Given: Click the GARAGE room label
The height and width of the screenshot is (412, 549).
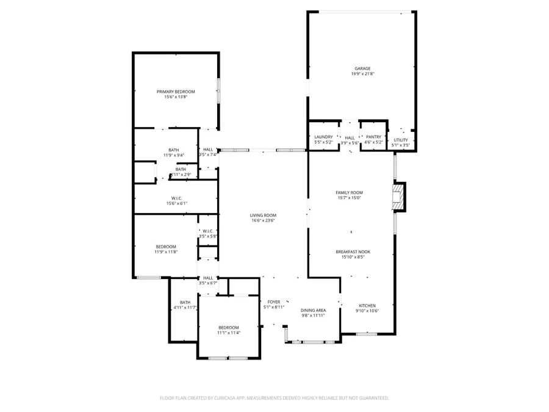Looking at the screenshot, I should pos(362,68).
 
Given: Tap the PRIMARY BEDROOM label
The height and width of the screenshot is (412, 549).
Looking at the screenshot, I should pos(176,92).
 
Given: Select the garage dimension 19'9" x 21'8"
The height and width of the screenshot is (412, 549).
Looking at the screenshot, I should pos(362,74).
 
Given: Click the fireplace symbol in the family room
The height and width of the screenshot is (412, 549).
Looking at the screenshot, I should pos(398,197).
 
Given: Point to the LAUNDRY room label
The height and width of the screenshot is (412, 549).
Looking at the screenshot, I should pos(323,137).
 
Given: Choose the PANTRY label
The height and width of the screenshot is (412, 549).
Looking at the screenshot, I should pos(373,137).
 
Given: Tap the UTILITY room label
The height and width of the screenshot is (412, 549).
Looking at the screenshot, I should pos(400,140).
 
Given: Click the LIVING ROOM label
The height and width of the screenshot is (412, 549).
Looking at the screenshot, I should pos(263,215).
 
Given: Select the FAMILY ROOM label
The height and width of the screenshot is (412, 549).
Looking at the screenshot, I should pos(350,192).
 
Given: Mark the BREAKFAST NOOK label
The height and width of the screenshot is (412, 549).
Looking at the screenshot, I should pos(353,251).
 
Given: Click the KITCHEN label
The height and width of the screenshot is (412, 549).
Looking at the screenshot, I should pos(367,305).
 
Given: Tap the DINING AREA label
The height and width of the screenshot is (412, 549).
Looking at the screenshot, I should pos(314,310).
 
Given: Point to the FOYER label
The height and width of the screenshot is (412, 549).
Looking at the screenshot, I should pos(273,302).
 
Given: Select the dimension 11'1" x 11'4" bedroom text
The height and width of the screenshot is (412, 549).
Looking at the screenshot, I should pos(229,333).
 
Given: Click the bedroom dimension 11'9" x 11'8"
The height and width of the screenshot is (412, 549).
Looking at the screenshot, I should pos(165,251).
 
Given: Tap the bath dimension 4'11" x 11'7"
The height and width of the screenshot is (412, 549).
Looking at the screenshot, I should pos(185,308).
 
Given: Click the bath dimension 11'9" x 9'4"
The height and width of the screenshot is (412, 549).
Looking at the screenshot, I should pos(174,155).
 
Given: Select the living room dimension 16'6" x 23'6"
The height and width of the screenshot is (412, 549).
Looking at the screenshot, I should pos(263,220).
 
